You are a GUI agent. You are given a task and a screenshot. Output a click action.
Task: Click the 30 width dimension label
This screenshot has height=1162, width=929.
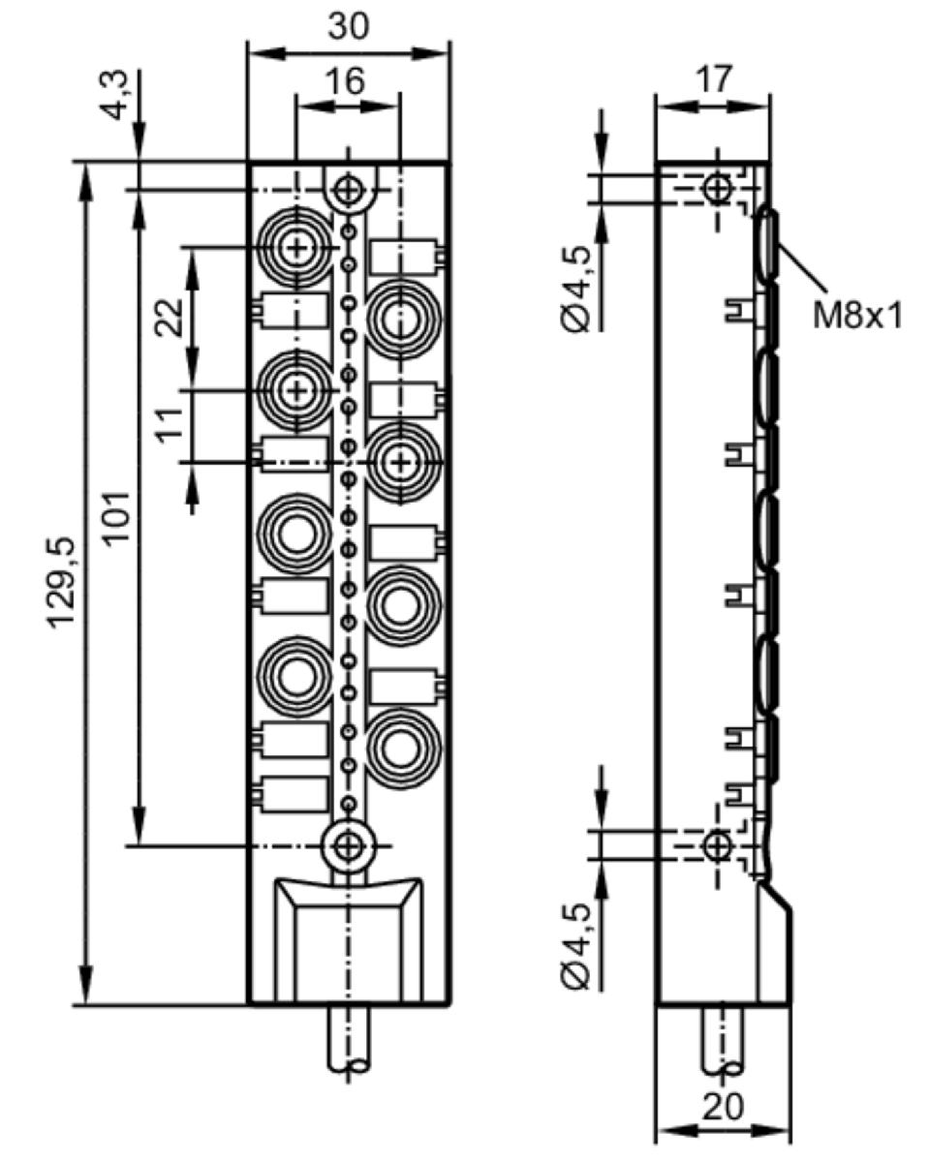pos(349,26)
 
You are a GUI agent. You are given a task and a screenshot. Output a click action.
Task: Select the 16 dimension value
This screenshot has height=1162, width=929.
pos(346,81)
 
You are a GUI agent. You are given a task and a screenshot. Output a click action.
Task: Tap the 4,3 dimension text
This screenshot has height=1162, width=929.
pos(114,96)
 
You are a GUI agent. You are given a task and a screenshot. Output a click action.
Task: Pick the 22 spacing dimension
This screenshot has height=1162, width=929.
pos(170,318)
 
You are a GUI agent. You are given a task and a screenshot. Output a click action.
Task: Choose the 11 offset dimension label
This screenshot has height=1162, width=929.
pos(170,425)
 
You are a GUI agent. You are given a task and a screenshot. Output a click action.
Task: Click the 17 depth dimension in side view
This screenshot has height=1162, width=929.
pos(714,78)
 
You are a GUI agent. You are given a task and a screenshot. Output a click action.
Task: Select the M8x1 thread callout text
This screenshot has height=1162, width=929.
pos(857,316)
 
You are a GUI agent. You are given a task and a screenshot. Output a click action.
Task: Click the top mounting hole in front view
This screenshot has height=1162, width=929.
pos(349,190)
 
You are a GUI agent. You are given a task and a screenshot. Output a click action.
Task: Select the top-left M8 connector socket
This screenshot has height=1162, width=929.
pos(296,248)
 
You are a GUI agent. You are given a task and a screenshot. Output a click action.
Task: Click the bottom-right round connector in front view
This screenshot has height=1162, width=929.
pos(400,748)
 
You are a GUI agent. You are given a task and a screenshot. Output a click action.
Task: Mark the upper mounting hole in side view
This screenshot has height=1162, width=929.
pos(717,190)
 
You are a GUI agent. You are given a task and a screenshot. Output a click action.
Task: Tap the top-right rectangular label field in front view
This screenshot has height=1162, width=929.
pos(403,257)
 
